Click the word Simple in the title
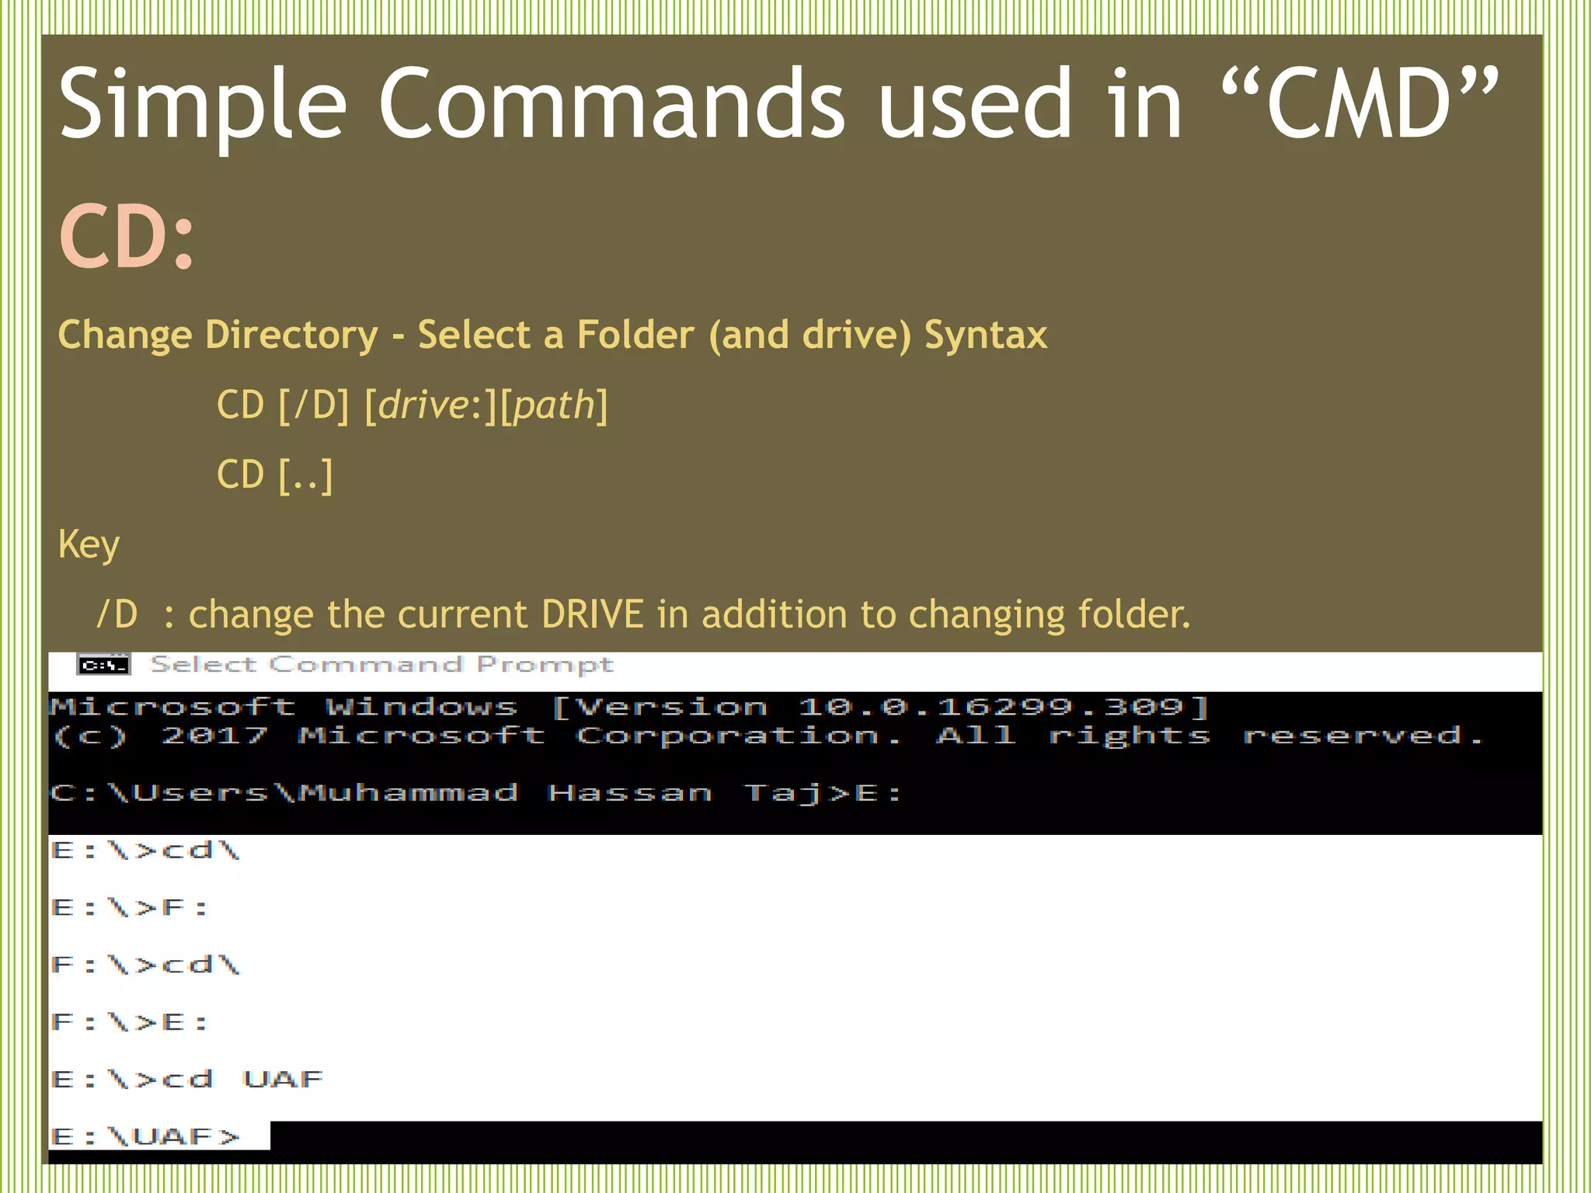[202, 105]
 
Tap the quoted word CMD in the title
[1359, 105]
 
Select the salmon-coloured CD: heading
[126, 237]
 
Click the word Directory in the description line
[291, 336]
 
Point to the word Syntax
[985, 336]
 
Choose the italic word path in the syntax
[553, 405]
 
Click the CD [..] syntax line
[274, 475]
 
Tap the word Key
[89, 544]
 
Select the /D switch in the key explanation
[117, 614]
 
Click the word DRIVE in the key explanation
[593, 614]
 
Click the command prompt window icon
[103, 666]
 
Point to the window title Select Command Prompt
[381, 665]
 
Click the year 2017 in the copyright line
[214, 736]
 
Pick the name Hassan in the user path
[629, 793]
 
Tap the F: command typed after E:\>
[185, 907]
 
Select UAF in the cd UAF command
[283, 1080]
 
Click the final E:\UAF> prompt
[146, 1137]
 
